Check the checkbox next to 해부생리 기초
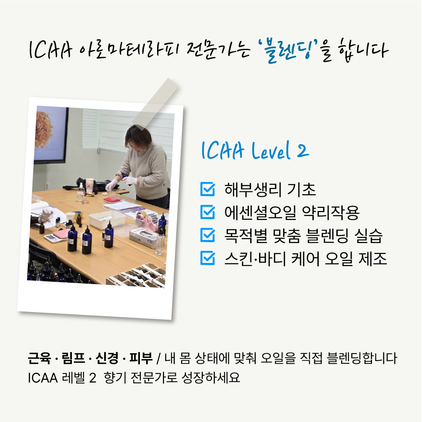207,189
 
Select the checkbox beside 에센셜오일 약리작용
207,212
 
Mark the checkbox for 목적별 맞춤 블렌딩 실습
207,235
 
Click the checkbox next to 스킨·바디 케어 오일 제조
207,258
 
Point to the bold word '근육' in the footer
39,358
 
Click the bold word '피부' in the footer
141,358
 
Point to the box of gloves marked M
143,238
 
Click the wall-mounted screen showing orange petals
51,134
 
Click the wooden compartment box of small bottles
136,276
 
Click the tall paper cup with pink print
89,186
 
